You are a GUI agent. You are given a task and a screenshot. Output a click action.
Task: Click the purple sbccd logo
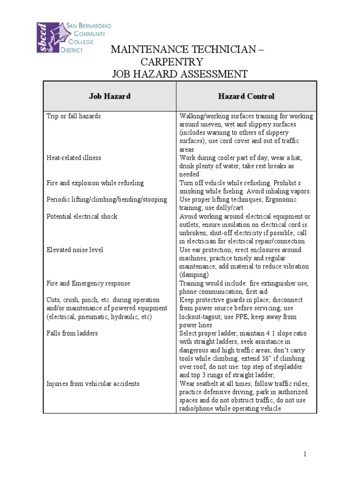click(x=49, y=37)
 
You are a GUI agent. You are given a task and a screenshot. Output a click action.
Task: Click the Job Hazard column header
click(x=110, y=97)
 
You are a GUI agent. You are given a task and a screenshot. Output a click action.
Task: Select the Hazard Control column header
click(x=246, y=97)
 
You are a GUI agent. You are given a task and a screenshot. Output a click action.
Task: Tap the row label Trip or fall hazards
click(x=74, y=116)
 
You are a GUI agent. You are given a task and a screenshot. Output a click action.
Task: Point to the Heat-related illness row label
click(x=74, y=158)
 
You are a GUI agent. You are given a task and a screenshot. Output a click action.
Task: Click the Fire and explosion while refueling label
click(x=95, y=183)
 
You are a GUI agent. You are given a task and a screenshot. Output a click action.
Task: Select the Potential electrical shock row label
click(x=82, y=217)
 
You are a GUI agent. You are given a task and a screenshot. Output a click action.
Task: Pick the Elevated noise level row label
click(x=75, y=250)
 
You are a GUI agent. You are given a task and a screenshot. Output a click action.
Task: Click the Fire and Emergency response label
click(x=88, y=284)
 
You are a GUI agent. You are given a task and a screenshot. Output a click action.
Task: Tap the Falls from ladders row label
click(x=72, y=334)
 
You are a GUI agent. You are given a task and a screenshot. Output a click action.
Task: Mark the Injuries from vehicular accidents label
click(x=93, y=384)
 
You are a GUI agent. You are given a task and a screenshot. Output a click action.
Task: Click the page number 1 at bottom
click(x=304, y=454)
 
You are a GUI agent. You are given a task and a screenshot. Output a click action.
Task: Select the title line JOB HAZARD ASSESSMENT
click(x=179, y=74)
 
